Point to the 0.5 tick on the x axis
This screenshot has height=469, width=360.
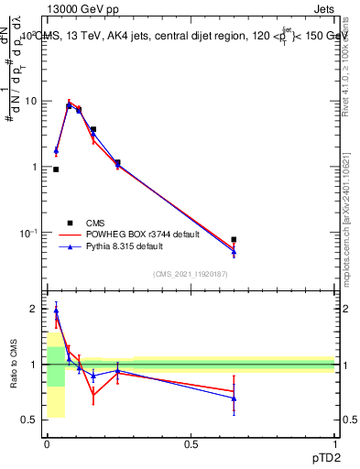coord(191,443)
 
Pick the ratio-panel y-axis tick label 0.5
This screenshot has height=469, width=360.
coord(28,420)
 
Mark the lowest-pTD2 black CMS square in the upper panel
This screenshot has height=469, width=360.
coord(56,169)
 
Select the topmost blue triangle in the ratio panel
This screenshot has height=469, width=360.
coord(56,311)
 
